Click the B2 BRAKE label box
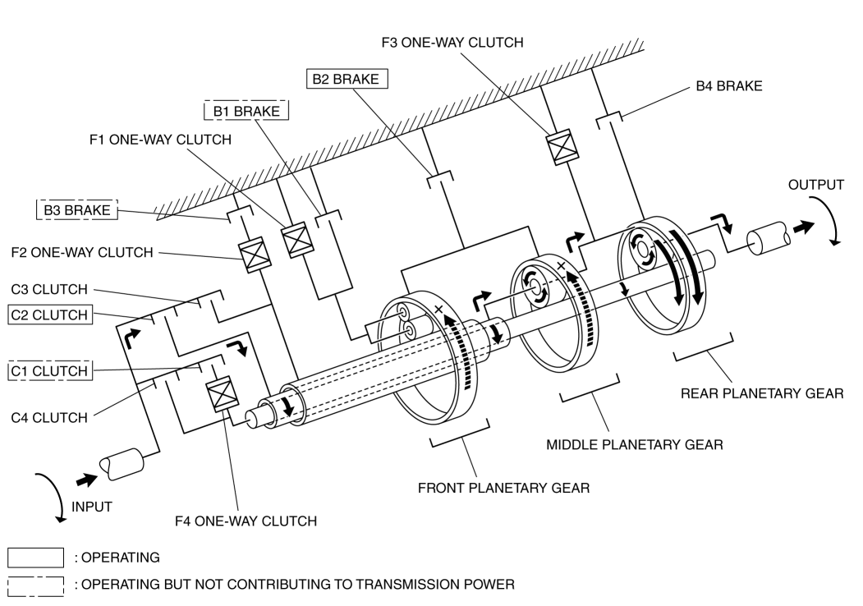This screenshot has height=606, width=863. click(x=347, y=79)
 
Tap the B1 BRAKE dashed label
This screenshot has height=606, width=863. click(x=246, y=111)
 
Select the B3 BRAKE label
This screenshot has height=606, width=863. click(x=77, y=210)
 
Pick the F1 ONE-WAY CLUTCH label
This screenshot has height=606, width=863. click(x=159, y=140)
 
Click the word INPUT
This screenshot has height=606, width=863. click(x=92, y=507)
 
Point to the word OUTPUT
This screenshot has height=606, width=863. click(x=815, y=185)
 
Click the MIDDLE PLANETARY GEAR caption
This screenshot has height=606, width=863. click(x=634, y=445)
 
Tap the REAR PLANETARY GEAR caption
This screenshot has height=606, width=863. click(x=762, y=393)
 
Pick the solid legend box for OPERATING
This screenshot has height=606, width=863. click(x=36, y=558)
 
